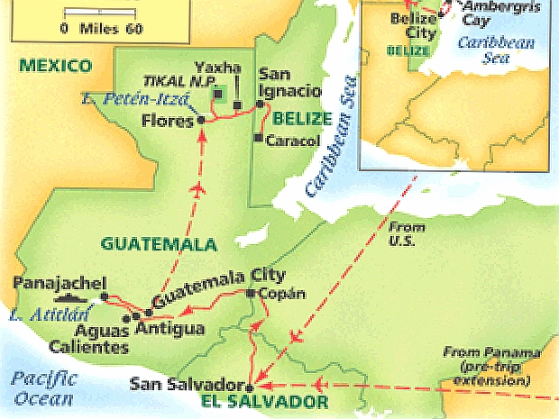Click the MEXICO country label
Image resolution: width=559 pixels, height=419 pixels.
click(56, 66)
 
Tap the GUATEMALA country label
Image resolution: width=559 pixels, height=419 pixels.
click(159, 244)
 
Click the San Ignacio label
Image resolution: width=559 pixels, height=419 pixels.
click(289, 82)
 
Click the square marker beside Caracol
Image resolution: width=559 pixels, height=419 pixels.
click(258, 139)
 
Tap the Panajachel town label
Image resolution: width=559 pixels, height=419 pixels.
click(54, 282)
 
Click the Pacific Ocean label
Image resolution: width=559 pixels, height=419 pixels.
click(44, 387)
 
